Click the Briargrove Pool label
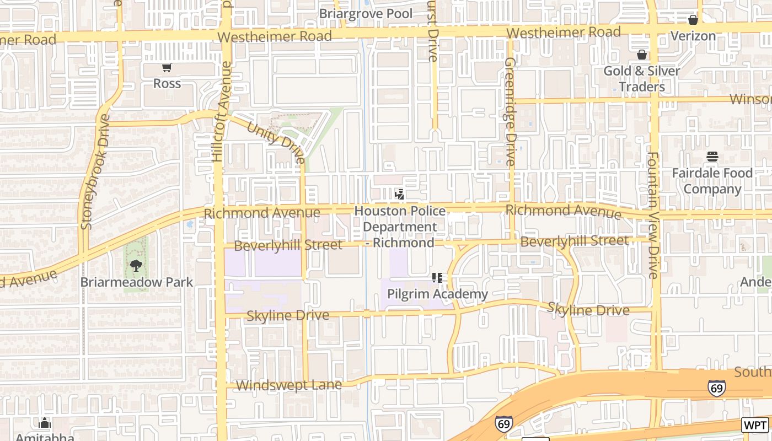click(x=366, y=13)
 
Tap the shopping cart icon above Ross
click(x=167, y=68)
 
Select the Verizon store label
click(x=693, y=36)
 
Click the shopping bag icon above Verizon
click(x=693, y=20)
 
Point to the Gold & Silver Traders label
click(x=642, y=79)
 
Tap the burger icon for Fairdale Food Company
click(x=712, y=157)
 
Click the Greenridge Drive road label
click(x=510, y=111)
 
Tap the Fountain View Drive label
click(x=653, y=215)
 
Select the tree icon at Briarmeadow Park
click(x=136, y=266)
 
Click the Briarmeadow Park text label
click(x=137, y=282)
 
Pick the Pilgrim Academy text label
click(x=437, y=294)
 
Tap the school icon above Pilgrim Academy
click(x=437, y=278)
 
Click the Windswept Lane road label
click(x=288, y=385)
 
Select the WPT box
click(x=755, y=425)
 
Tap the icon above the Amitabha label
click(x=45, y=423)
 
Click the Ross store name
click(x=167, y=84)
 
